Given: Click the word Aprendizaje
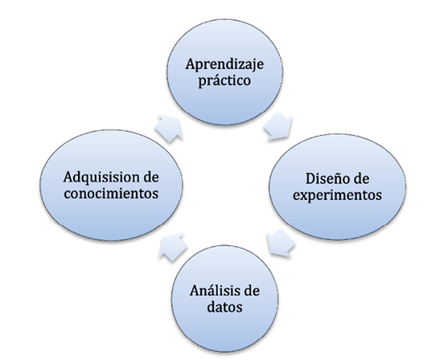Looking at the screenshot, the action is (x=224, y=65).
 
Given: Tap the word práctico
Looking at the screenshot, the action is (x=224, y=80).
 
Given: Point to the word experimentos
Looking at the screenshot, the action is (x=338, y=196).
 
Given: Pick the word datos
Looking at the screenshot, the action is (x=224, y=307).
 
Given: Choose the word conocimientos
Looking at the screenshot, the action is (x=111, y=194).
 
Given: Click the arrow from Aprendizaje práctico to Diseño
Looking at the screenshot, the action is (x=278, y=127).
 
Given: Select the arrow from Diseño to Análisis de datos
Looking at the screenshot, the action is (x=281, y=243).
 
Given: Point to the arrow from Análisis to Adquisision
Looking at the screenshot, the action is (x=173, y=247).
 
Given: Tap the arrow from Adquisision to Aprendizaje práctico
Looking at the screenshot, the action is (x=169, y=129).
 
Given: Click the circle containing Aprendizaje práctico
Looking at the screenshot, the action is (x=225, y=72).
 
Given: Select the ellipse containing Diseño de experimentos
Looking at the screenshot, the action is (x=338, y=186).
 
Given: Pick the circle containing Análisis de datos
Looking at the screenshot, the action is (x=224, y=298).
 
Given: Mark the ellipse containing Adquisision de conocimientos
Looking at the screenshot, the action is (x=111, y=185).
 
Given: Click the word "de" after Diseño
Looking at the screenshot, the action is (x=361, y=178).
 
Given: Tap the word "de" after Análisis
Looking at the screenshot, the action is (x=252, y=291).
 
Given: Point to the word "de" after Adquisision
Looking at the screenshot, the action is (x=151, y=178).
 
